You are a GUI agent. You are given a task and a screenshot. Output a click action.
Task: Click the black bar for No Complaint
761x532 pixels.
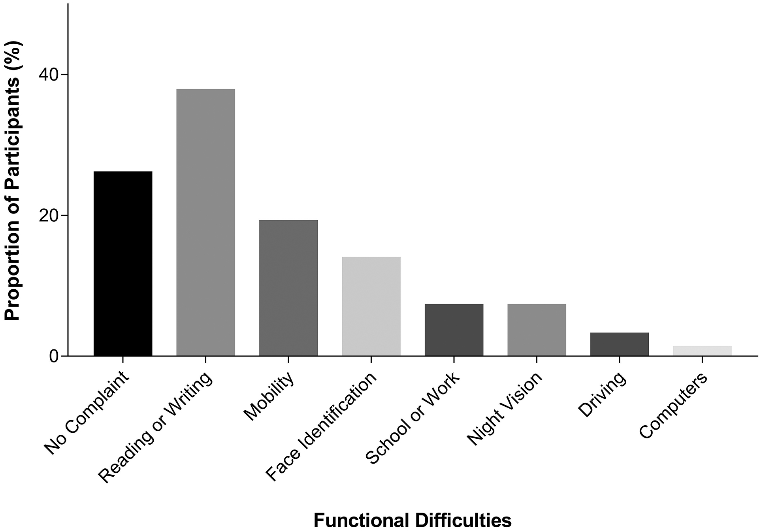coord(122,264)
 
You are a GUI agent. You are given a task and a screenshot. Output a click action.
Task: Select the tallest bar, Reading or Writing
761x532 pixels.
coord(205,223)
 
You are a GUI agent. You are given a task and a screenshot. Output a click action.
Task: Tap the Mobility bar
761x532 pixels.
coord(288,288)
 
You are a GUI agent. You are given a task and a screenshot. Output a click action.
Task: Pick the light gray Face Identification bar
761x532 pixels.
coord(371,306)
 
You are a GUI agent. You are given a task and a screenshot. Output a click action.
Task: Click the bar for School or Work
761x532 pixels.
coord(454,330)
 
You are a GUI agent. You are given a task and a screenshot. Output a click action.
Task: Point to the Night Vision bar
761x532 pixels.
coord(537,330)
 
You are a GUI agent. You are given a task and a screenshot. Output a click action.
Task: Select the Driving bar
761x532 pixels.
coord(620,344)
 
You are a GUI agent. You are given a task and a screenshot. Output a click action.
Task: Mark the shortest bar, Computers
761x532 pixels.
coord(702,351)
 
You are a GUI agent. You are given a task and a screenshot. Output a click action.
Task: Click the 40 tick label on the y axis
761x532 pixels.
coord(48,75)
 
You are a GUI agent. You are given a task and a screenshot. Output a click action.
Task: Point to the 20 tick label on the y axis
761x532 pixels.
coord(48,215)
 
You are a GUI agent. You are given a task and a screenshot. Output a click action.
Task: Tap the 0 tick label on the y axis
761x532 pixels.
coord(54,356)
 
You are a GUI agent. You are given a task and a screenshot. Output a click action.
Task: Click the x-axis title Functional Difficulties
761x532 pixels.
coord(412,521)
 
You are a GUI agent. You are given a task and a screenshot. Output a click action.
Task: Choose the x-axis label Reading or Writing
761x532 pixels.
coord(155,428)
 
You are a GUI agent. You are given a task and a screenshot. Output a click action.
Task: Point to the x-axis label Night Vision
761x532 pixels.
coord(505,408)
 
